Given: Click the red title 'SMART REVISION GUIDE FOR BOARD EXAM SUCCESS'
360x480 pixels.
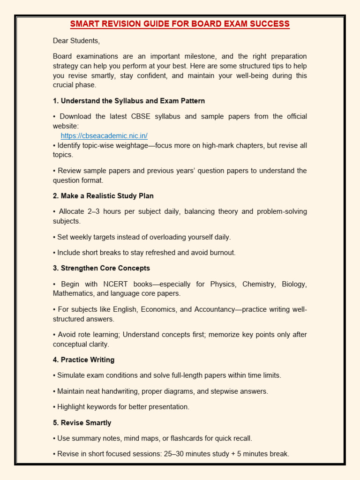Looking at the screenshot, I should point(180,24).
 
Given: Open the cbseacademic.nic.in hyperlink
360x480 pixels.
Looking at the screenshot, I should point(104,136).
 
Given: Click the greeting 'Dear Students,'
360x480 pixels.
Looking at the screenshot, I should point(76,40).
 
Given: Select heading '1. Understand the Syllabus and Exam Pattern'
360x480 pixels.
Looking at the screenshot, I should point(129,101).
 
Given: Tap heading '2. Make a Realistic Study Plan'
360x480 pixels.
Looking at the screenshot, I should point(103,195).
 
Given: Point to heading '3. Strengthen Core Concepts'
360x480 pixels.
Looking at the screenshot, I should point(101,268).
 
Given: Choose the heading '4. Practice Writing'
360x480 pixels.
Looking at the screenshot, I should point(83,360).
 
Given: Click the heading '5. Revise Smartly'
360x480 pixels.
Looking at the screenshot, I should point(82,422).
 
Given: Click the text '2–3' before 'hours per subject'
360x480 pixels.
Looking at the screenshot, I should point(96,211).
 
